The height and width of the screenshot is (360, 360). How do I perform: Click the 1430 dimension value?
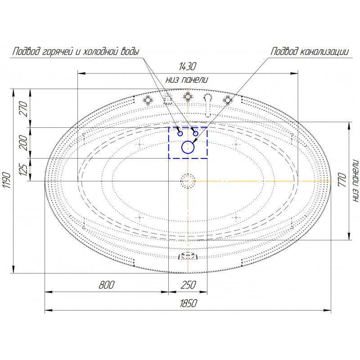[x=187, y=66]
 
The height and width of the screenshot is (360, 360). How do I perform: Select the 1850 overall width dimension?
[x=188, y=303]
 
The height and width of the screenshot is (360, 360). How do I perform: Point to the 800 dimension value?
[x=107, y=285]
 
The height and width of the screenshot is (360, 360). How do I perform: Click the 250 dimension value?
[x=188, y=285]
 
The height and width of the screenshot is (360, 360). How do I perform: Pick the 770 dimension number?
[x=342, y=180]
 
